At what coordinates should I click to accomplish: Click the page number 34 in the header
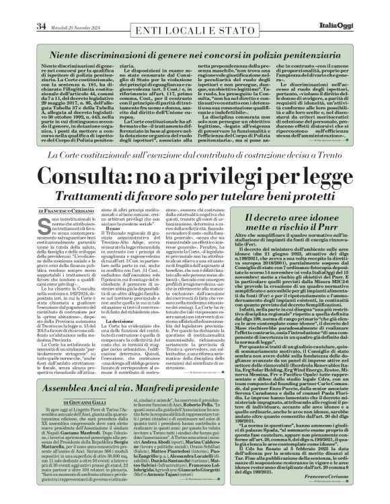[x=22, y=7]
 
